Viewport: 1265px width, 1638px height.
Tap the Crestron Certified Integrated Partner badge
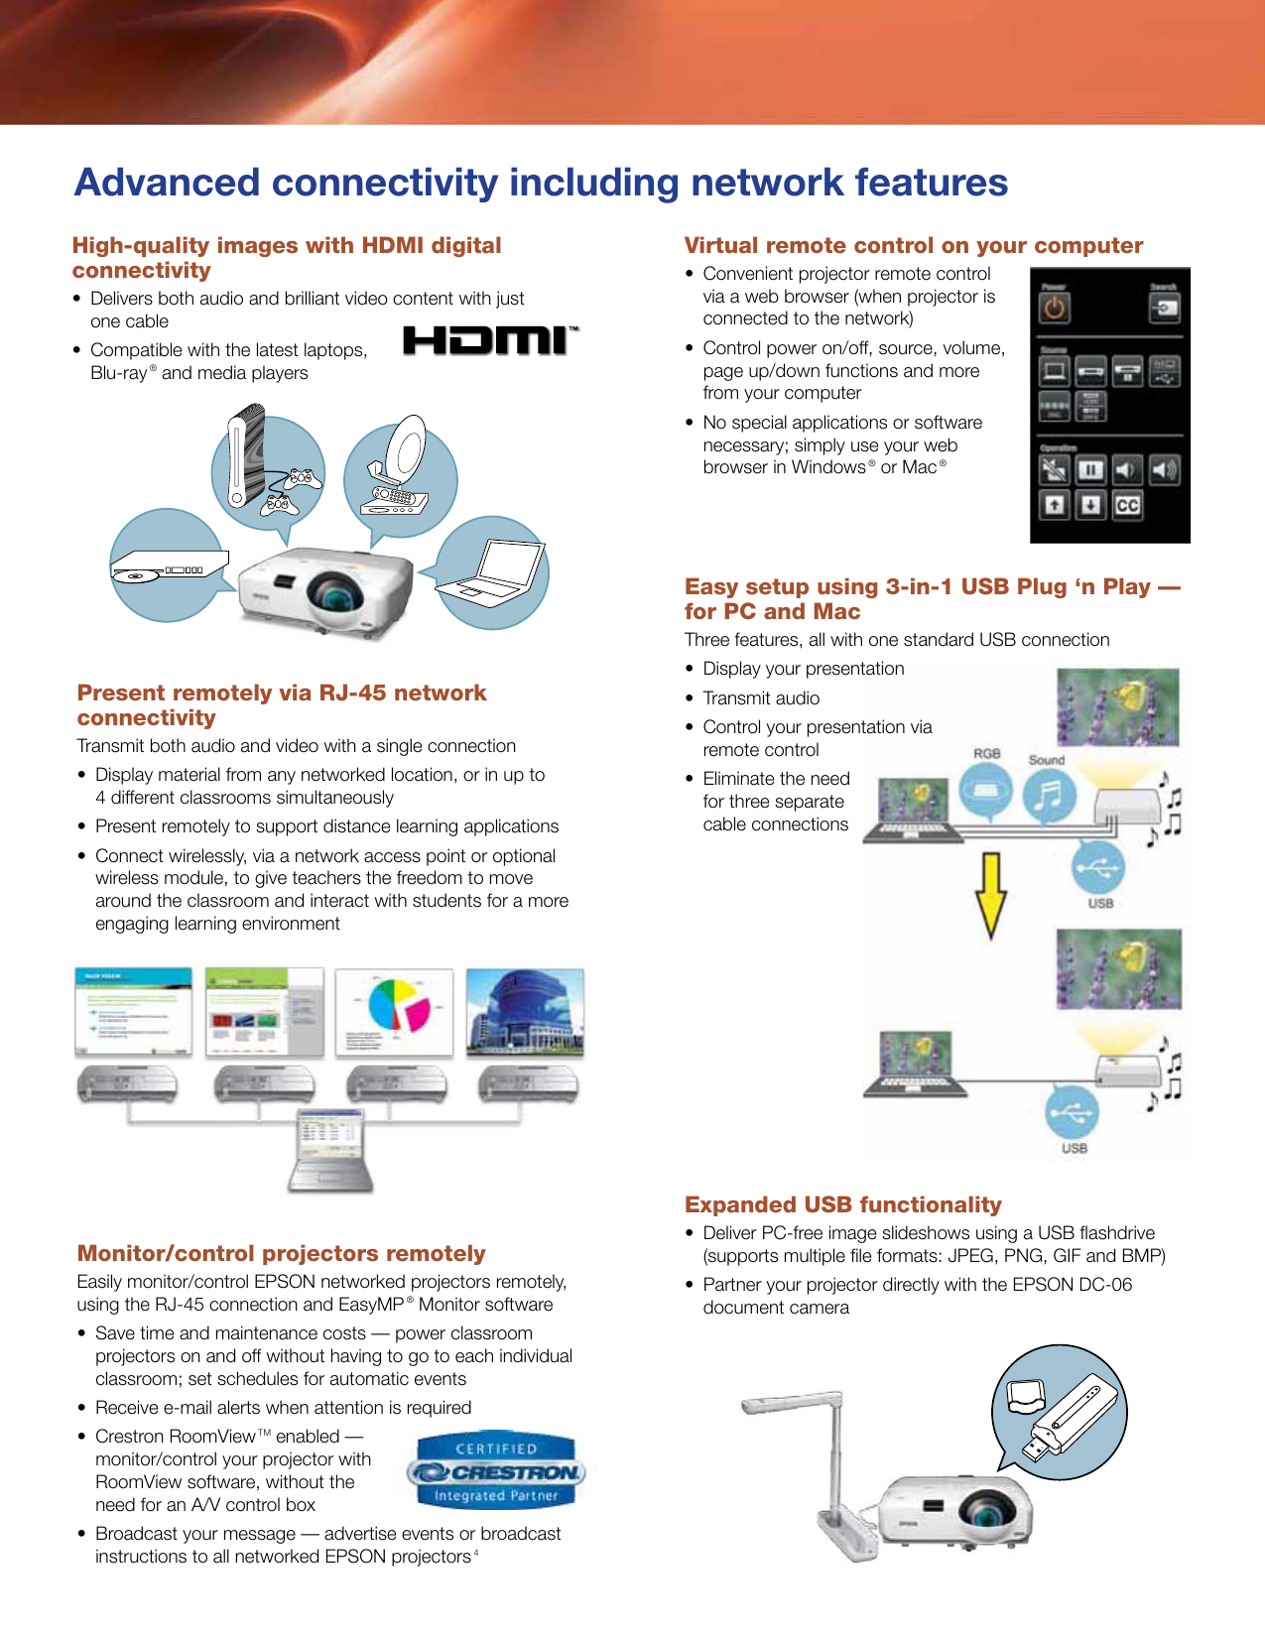pos(496,1472)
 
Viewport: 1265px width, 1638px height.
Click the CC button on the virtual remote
pos(1127,505)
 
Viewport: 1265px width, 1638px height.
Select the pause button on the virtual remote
pos(1090,469)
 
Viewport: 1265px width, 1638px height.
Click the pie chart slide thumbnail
pos(394,1012)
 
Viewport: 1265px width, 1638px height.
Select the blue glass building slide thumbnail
pos(525,1012)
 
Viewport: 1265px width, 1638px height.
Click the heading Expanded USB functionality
pos(842,1204)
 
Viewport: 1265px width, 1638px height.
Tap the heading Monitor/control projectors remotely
pos(281,1253)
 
